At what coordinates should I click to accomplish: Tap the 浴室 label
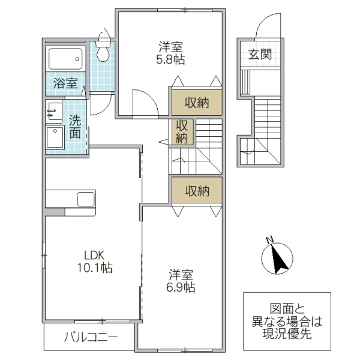click(65, 84)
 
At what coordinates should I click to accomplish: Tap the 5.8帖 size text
click(171, 59)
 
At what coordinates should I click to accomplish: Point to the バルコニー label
click(91, 337)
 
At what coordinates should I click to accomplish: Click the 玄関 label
click(260, 55)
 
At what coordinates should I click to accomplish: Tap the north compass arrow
click(276, 257)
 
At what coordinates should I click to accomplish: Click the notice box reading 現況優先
click(287, 322)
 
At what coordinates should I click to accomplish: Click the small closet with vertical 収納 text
click(181, 132)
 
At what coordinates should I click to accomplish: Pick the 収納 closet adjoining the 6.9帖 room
click(196, 191)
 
